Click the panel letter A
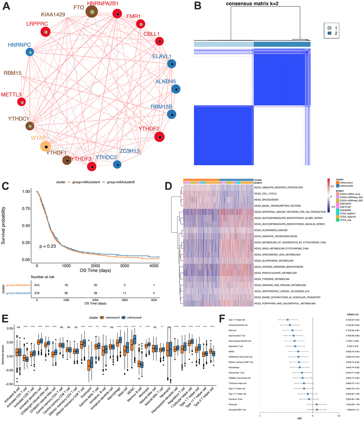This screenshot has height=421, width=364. pos(6,6)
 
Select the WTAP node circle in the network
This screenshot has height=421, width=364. pos(46,147)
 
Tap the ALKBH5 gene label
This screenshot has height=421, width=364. pos(166,82)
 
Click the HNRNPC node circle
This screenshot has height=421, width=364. pos(30,52)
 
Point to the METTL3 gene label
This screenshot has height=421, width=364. pos(11,95)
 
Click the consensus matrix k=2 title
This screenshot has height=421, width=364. pos(251,4)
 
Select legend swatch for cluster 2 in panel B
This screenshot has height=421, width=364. pos(329,33)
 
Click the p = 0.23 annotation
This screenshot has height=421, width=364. pos(48,246)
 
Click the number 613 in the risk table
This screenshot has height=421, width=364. pos(37,285)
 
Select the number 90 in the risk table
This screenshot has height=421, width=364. pos(66,293)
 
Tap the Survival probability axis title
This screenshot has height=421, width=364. pos(4,225)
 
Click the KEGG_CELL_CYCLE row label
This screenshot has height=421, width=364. pos(265,193)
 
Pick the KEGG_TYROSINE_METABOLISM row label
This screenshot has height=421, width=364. pos(272,279)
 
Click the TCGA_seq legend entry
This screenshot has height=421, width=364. pos(345,220)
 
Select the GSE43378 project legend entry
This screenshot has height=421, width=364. pos(345,204)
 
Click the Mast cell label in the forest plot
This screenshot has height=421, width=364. pos(232,330)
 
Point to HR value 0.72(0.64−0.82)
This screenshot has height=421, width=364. pos(353,320)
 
